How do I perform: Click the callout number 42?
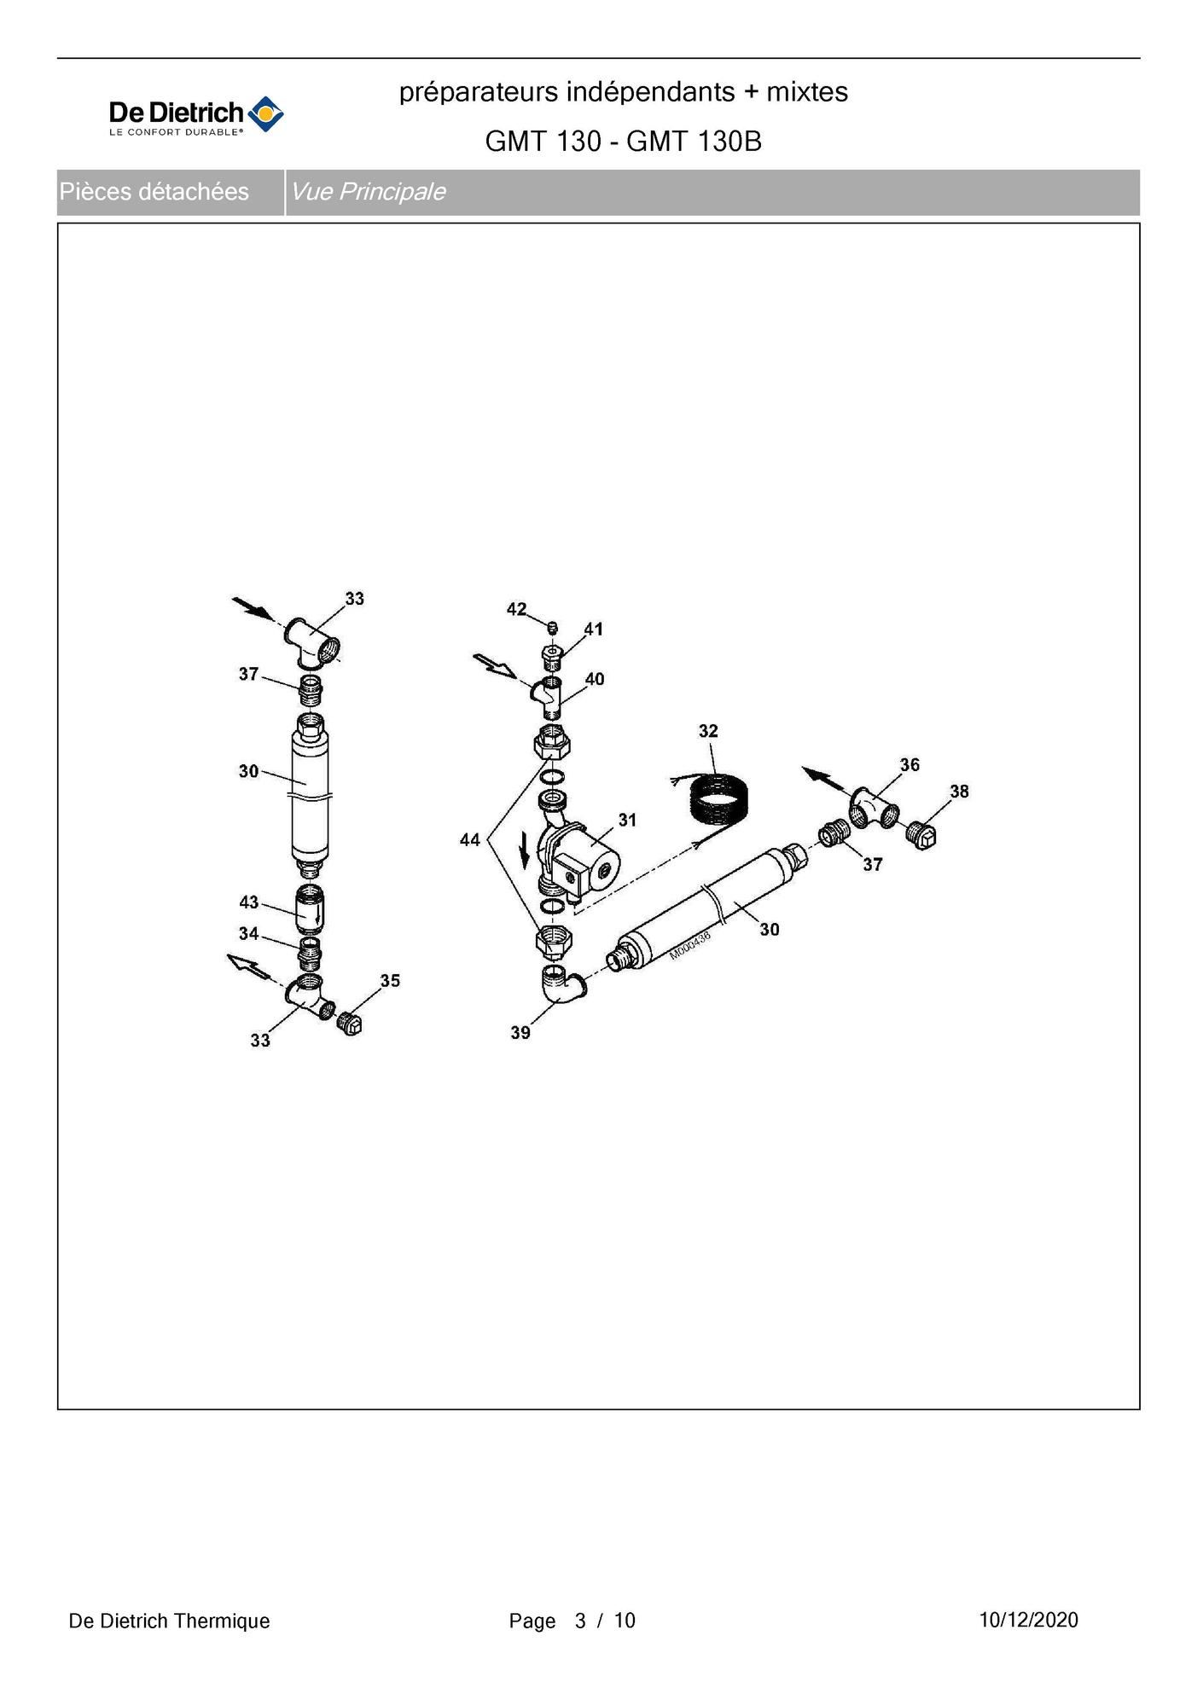tap(516, 609)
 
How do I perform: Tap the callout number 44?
tap(470, 840)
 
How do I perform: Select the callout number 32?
tap(708, 731)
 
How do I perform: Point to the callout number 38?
tap(959, 792)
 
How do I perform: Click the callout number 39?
tap(520, 1032)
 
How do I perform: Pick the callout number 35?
tap(390, 981)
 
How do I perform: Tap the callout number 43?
tap(248, 902)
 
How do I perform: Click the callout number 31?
tap(627, 820)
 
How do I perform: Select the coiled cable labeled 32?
tap(718, 798)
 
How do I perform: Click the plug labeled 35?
tap(350, 1023)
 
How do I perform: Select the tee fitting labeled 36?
tap(873, 808)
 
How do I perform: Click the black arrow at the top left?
tap(253, 608)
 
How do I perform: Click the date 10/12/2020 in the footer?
tap(1028, 1620)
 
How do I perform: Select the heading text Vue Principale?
tap(368, 192)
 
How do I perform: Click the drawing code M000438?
tap(689, 946)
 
